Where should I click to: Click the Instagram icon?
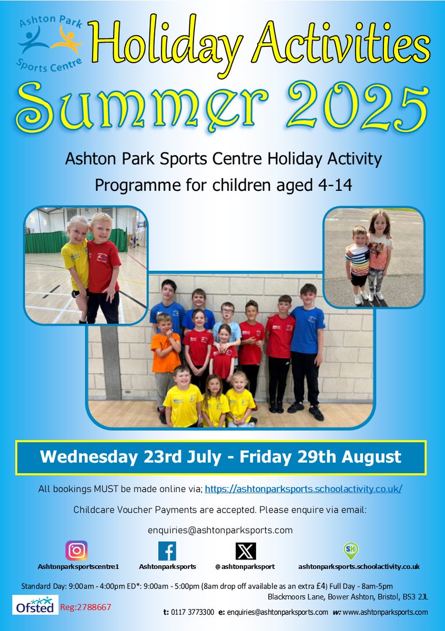point(77,551)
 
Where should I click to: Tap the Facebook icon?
point(167,551)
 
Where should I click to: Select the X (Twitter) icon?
point(246,551)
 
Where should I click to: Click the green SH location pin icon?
point(350,551)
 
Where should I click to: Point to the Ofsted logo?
point(35,605)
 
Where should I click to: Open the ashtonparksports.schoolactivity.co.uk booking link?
point(304,489)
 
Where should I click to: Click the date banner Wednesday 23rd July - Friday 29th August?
point(221,456)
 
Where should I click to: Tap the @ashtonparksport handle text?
point(245,567)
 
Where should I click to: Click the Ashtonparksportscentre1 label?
point(78,567)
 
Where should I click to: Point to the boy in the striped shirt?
point(359,263)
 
